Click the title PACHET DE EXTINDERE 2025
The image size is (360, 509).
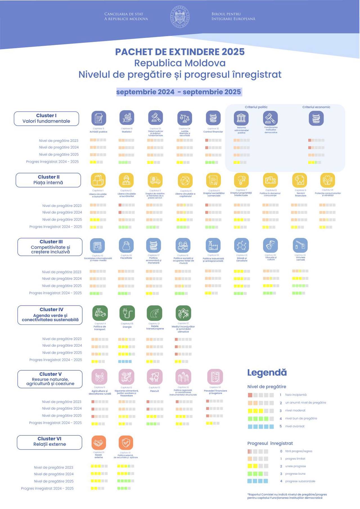(x=180, y=52)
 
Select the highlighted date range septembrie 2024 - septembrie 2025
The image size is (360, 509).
(x=179, y=92)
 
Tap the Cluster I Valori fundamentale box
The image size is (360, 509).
(x=46, y=118)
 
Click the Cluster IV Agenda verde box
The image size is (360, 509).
(x=50, y=315)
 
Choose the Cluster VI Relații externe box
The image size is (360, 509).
(x=49, y=442)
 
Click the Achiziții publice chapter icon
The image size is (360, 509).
(x=99, y=118)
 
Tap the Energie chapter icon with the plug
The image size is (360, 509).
(x=127, y=313)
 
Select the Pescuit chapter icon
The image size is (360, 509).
(x=154, y=377)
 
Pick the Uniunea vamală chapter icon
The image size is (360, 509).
(x=300, y=245)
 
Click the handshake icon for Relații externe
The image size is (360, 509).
(x=99, y=443)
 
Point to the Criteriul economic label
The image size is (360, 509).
(x=316, y=107)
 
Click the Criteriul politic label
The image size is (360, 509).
(x=256, y=107)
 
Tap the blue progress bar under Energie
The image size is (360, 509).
(x=125, y=361)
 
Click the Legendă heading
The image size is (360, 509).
(x=267, y=373)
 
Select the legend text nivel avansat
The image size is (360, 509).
(x=295, y=426)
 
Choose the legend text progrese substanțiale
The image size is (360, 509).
(x=300, y=481)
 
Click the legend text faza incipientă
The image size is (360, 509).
(x=296, y=395)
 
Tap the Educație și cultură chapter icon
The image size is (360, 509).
(x=271, y=245)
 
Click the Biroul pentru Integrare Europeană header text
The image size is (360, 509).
(x=233, y=16)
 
